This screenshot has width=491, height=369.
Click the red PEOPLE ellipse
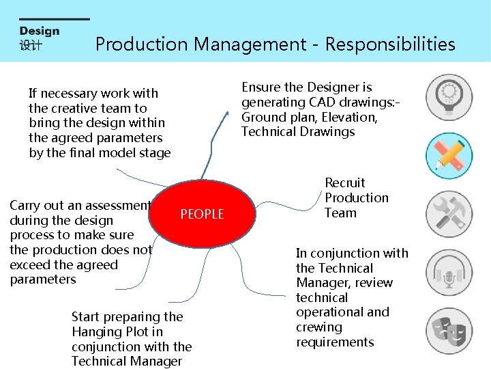coord(201,214)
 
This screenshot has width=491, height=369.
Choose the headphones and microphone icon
coord(449,273)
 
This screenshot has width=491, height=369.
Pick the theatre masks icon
coord(449,331)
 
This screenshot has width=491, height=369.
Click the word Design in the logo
coord(40,31)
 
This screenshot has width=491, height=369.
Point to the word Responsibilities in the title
coord(390,44)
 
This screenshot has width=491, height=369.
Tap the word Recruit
coord(345,182)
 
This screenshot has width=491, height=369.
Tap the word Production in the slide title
coord(142,44)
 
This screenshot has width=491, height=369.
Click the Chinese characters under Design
coord(31,45)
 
